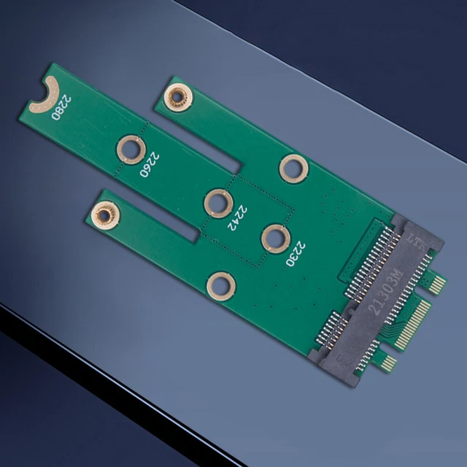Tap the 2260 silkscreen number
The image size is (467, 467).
pyautogui.click(x=149, y=165)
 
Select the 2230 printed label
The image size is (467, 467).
pyautogui.click(x=296, y=255)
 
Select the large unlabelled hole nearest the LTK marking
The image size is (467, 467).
pyautogui.click(x=293, y=169)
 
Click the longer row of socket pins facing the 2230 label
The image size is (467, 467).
pyautogui.click(x=368, y=252)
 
